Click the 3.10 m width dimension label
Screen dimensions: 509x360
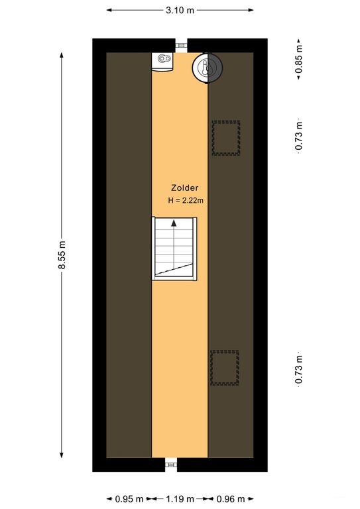tap(180, 10)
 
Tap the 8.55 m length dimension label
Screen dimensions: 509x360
tap(61, 255)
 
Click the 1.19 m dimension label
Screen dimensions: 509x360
tap(180, 499)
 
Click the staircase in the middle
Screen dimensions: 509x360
tap(174, 248)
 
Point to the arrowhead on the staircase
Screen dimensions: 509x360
tap(174, 224)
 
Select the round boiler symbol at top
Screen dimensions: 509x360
tap(208, 68)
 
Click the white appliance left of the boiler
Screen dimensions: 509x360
tap(163, 61)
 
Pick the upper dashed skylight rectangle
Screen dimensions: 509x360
tap(225, 138)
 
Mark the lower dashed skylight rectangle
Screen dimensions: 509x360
tap(224, 368)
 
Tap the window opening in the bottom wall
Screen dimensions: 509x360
tap(171, 465)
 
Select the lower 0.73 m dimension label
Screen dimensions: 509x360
tap(299, 369)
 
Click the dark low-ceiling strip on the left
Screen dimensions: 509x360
tap(129, 255)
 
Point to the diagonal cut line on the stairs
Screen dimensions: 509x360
tap(174, 268)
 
